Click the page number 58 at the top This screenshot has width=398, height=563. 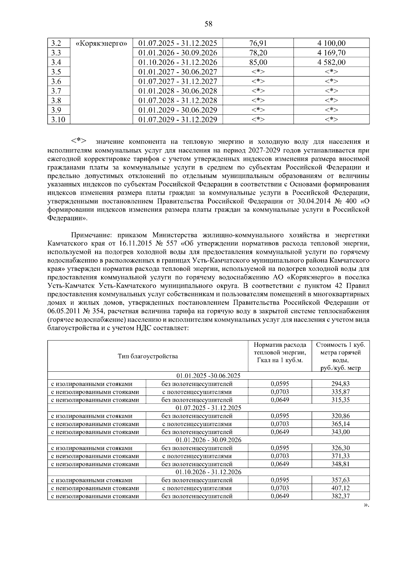tap(208, 24)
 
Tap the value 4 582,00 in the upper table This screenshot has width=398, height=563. tap(331, 62)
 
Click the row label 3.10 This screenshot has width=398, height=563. tap(58, 120)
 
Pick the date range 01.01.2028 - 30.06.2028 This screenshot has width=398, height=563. tap(178, 91)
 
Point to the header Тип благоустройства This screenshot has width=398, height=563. tap(148, 356)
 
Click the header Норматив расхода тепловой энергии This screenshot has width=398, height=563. tap(280, 352)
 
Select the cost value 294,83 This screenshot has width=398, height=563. tap(341, 384)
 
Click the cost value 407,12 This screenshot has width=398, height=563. tap(341, 488)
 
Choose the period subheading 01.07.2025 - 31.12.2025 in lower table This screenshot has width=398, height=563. tap(208, 408)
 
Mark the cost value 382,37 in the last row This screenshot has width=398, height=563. tap(341, 496)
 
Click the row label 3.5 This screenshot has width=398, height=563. tap(56, 72)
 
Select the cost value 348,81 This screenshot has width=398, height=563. tap(341, 464)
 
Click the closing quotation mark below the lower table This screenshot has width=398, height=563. tap(366, 505)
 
